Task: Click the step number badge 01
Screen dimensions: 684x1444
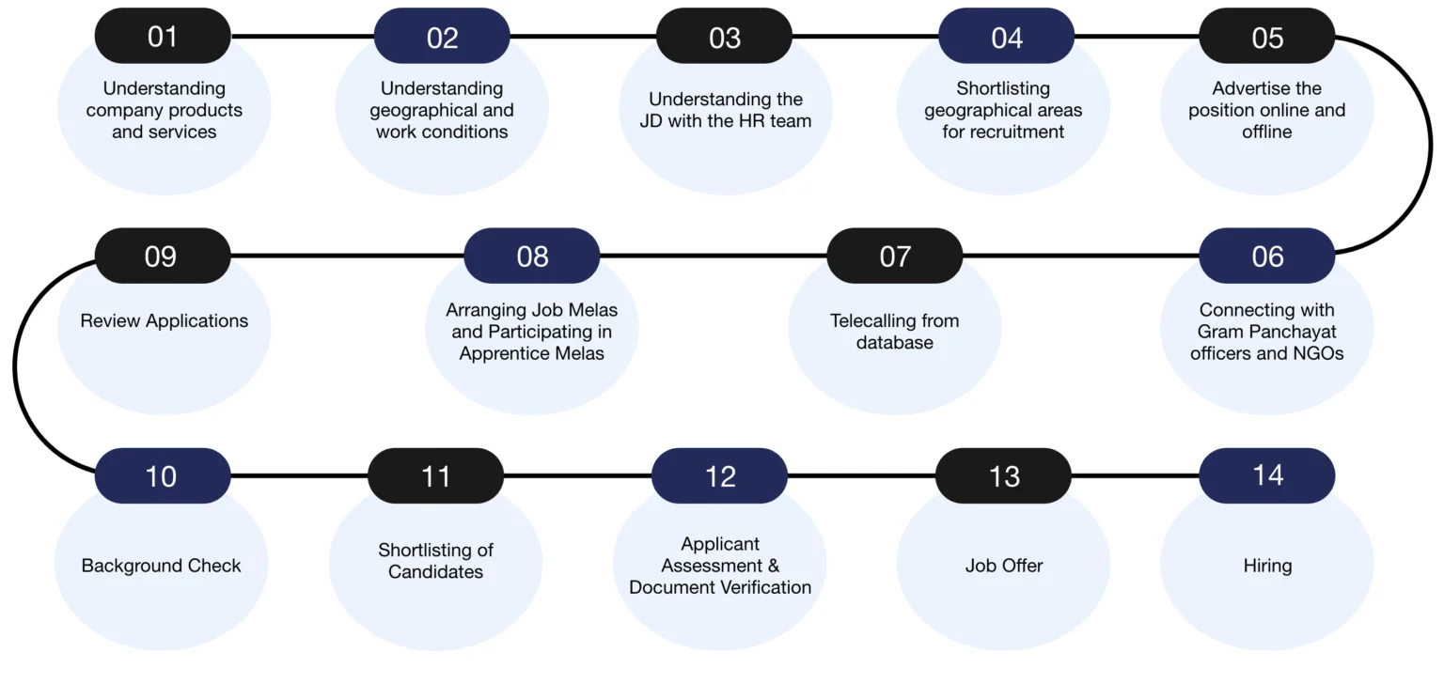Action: click(x=162, y=37)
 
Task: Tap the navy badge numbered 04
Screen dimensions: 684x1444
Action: click(x=1006, y=37)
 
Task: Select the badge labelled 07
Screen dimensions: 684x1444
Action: click(x=894, y=256)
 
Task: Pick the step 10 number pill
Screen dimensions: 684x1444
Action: click(x=162, y=475)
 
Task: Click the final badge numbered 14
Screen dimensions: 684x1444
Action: click(x=1266, y=474)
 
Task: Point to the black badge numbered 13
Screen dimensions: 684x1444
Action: click(x=1003, y=475)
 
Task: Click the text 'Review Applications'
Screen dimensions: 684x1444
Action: click(x=164, y=320)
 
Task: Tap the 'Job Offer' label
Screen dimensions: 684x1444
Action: click(x=1003, y=566)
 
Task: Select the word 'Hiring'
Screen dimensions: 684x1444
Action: click(x=1266, y=566)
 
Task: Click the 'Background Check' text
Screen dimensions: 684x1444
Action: click(x=161, y=566)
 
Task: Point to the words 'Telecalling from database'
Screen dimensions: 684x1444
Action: click(x=894, y=332)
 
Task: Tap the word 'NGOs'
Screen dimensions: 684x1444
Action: click(x=1317, y=353)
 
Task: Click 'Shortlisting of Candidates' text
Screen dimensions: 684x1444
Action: click(x=435, y=560)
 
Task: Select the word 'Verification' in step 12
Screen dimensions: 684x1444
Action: click(x=761, y=587)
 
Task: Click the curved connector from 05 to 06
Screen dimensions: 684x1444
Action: click(x=1430, y=146)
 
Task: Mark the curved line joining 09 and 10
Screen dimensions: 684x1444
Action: click(x=15, y=366)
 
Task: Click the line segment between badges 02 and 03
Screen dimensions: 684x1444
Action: click(x=583, y=37)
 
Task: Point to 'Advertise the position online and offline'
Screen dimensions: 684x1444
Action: click(x=1266, y=110)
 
